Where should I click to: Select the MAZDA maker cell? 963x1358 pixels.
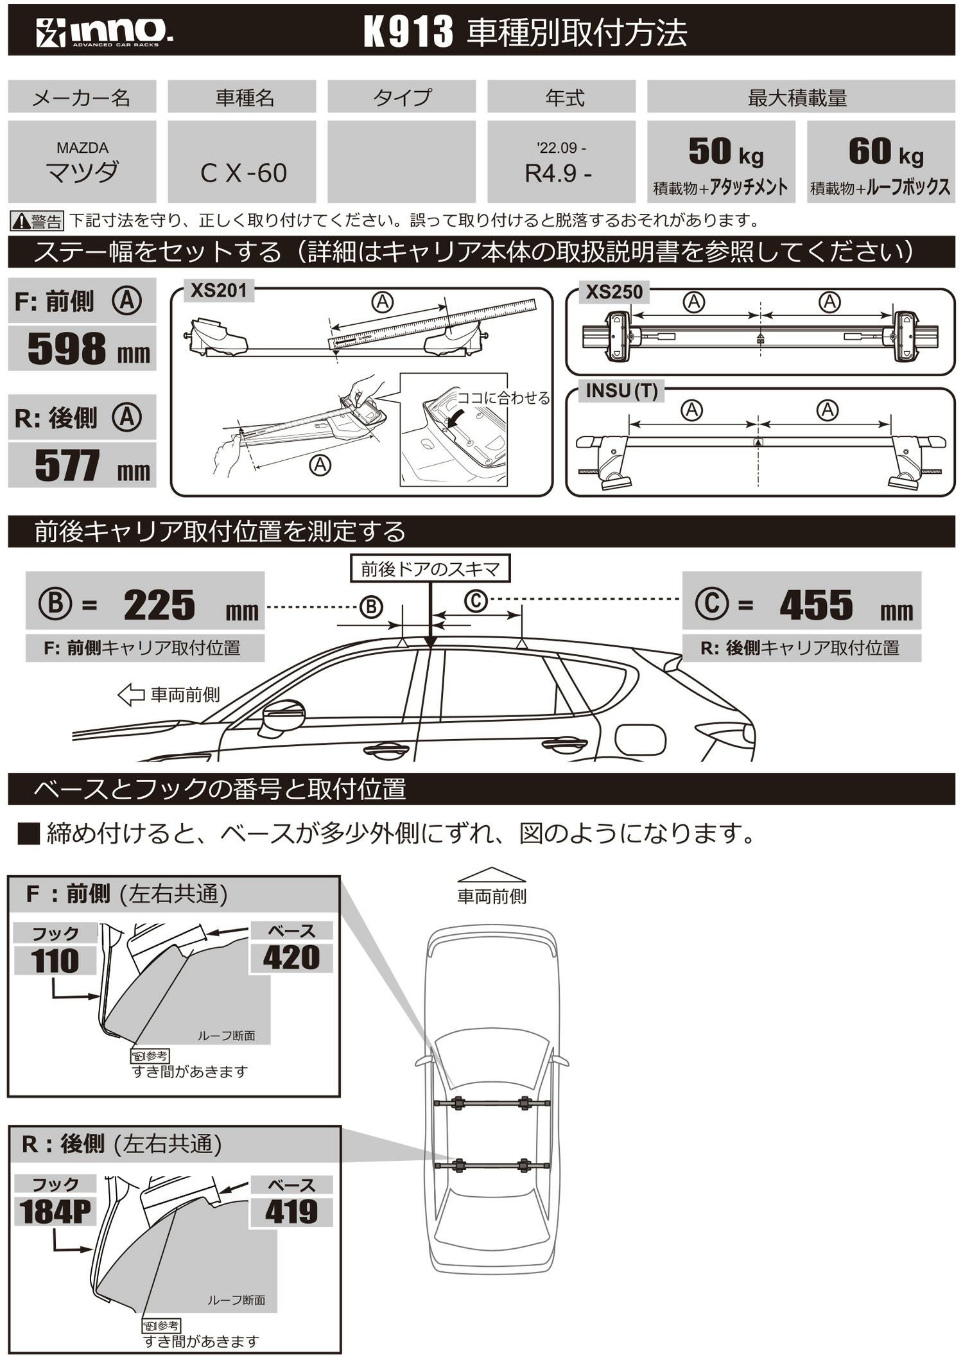(82, 162)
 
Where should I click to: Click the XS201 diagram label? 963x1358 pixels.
(219, 291)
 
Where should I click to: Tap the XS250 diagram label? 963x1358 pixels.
(614, 292)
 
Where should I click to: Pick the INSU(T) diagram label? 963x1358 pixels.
(621, 390)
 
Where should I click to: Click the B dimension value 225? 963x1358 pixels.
(159, 605)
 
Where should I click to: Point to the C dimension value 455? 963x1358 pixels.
(815, 605)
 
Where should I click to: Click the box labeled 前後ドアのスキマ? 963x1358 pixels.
(429, 569)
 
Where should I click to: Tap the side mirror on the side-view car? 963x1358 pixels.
(282, 716)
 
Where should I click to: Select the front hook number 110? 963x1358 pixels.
(55, 961)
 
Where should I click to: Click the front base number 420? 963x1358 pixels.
(291, 957)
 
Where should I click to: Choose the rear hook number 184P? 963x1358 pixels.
(55, 1212)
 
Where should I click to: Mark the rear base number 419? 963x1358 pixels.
(291, 1212)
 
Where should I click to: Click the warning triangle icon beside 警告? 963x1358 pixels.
(21, 222)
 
